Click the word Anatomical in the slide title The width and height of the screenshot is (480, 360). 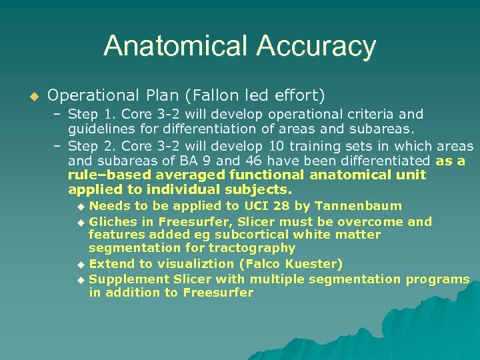click(x=175, y=47)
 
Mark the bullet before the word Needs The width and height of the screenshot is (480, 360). click(x=81, y=206)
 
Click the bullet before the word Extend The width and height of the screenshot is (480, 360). click(x=81, y=264)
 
